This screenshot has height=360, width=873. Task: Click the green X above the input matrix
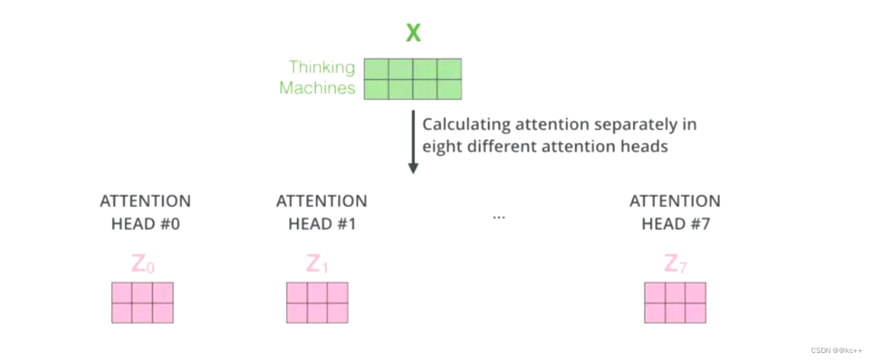tap(414, 32)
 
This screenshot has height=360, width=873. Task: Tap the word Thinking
tap(322, 67)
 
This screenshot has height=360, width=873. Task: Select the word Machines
tap(317, 88)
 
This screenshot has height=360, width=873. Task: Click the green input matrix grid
tap(413, 79)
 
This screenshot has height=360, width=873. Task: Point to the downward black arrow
tap(413, 142)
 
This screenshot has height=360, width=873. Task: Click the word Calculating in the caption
tap(466, 125)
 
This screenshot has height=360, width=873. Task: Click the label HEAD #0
tap(145, 224)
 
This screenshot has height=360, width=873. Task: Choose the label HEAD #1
tap(321, 224)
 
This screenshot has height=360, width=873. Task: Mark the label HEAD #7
tap(675, 224)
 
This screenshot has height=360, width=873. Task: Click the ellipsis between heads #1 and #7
tap(498, 217)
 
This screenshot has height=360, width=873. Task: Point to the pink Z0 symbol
tap(144, 264)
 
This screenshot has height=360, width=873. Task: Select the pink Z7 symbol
tap(676, 264)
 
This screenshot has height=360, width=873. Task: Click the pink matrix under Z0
tap(142, 302)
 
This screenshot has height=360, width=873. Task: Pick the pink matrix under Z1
tap(318, 302)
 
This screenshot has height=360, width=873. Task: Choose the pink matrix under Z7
tap(675, 302)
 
